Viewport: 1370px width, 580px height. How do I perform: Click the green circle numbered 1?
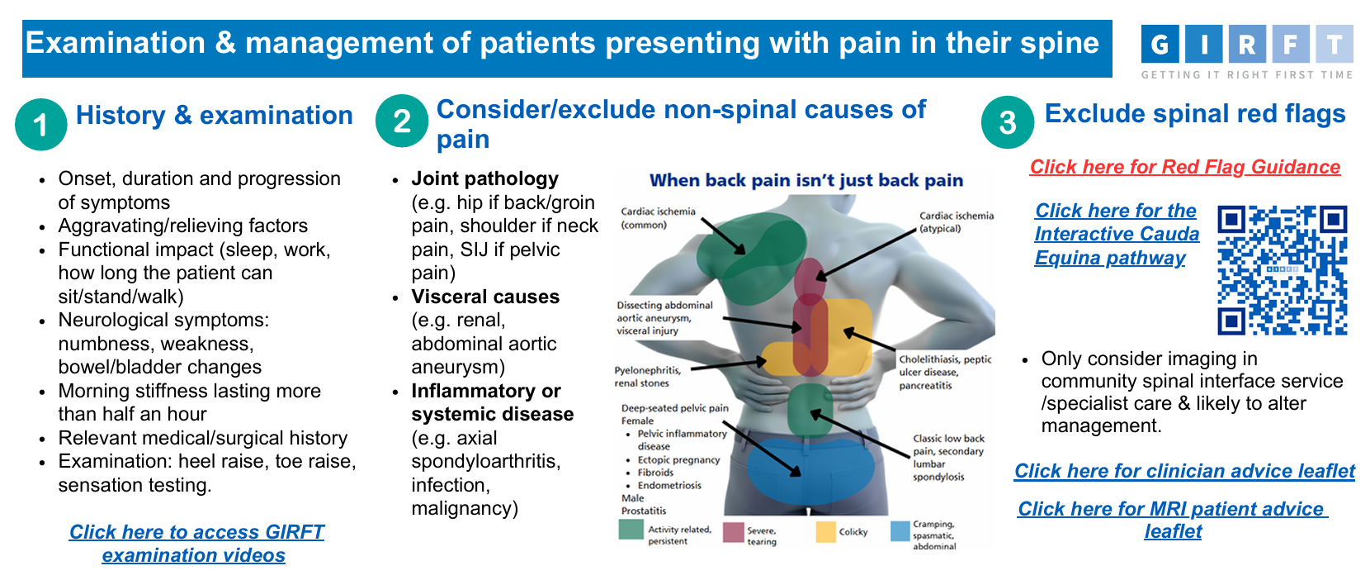[41, 124]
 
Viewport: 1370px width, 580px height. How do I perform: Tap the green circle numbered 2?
[402, 121]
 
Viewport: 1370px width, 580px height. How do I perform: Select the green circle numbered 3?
[1008, 122]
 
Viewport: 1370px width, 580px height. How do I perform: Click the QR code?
[1283, 270]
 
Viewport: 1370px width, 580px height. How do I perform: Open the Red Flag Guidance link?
[1184, 167]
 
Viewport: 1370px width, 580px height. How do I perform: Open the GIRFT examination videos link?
[196, 544]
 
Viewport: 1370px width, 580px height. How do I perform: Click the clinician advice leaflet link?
[1184, 470]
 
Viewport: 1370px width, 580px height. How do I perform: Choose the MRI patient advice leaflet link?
[1173, 520]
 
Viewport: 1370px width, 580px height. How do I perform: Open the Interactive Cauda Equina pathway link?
[1117, 234]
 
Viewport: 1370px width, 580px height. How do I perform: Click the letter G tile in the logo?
[1160, 44]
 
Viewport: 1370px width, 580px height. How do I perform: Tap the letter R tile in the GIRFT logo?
[1247, 44]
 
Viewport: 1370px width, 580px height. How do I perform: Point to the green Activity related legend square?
[631, 530]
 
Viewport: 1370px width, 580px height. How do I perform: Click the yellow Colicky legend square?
[825, 531]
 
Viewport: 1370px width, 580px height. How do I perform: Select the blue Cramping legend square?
[900, 531]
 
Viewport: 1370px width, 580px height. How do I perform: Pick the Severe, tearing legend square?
[734, 532]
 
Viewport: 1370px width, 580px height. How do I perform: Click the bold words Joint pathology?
[485, 178]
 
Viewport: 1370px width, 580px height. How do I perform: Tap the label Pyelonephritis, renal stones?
[647, 377]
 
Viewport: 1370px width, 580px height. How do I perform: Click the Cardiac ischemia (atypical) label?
[956, 221]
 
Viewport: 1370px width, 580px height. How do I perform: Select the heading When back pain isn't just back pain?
[806, 180]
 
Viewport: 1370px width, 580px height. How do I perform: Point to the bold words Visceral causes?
[485, 297]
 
